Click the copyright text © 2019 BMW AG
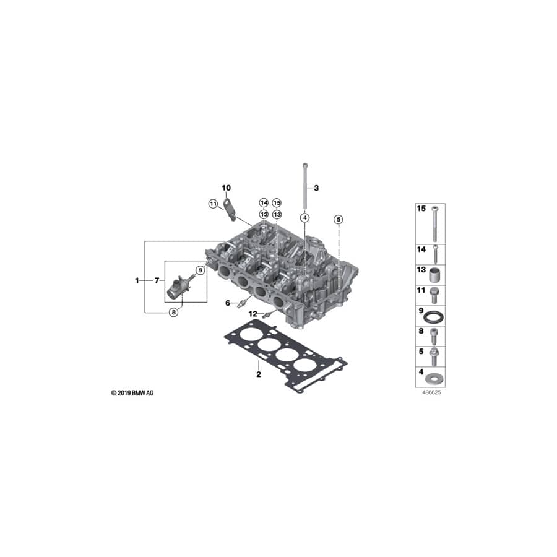pos(132,393)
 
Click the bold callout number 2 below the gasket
pos(259,374)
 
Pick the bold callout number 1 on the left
pos(137,280)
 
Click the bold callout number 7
pos(157,280)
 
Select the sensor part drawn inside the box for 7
pos(181,285)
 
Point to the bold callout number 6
pos(227,303)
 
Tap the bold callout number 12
pos(253,314)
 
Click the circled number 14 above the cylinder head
pos(264,203)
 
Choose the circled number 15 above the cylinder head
pos(277,203)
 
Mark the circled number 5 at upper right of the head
pos(337,219)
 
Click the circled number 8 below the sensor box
pos(173,313)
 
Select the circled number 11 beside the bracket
pos(212,204)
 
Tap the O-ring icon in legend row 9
pos(434,317)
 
